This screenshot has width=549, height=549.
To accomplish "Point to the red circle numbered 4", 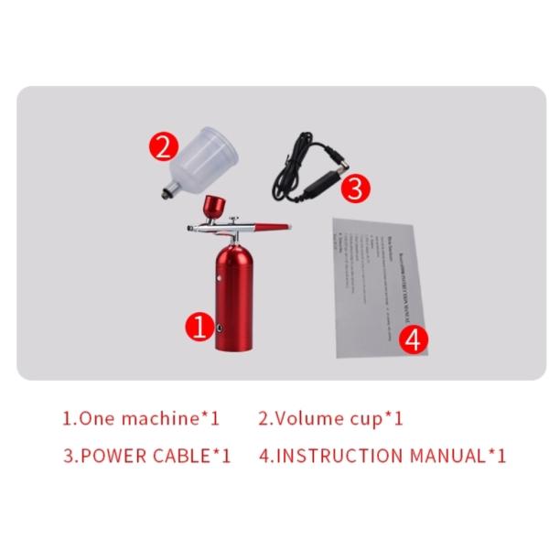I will [414, 339].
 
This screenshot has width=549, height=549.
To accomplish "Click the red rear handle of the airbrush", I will [272, 224].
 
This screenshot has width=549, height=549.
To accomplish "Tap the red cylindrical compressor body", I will [233, 293].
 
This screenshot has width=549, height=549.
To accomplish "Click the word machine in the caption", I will [161, 419].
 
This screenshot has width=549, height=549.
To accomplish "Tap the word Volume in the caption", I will [307, 419].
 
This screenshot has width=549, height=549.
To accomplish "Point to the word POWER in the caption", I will [114, 455].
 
